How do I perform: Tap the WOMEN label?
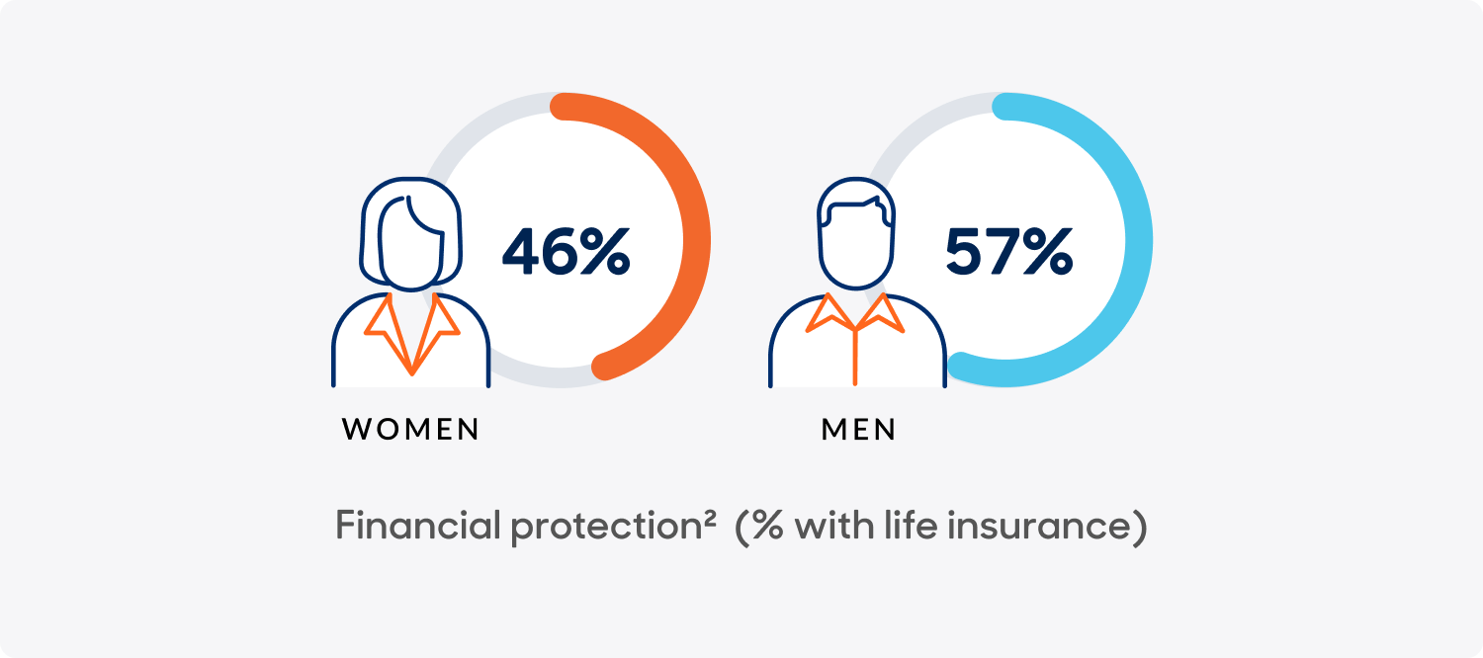click(410, 430)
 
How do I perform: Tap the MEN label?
click(858, 430)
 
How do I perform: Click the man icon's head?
click(856, 237)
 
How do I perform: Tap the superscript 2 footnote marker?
click(709, 517)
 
